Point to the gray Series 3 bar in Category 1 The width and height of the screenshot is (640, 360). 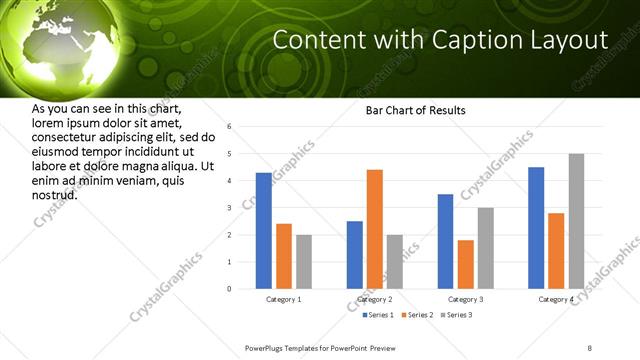click(304, 262)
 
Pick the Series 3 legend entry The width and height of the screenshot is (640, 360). click(457, 315)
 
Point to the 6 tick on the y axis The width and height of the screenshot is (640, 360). click(230, 127)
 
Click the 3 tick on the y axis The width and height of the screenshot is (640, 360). click(230, 208)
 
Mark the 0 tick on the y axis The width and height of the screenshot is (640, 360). click(230, 289)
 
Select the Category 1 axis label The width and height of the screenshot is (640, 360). click(284, 299)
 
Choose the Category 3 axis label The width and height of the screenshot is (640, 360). click(466, 299)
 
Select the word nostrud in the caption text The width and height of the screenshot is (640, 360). click(56, 195)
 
